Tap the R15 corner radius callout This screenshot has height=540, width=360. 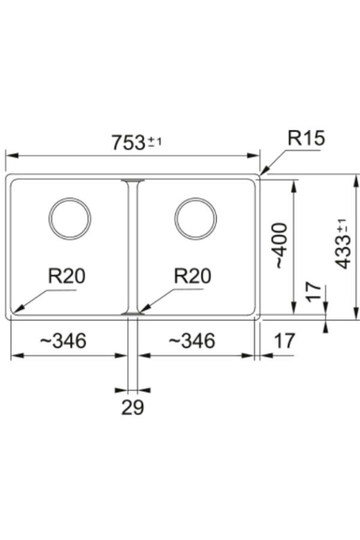point(306,139)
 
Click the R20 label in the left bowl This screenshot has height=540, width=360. point(67,276)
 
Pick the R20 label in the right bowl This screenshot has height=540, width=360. point(193,276)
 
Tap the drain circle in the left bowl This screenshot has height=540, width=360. point(70,218)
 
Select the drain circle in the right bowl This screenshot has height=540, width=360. point(196,218)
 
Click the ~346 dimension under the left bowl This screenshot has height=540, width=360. point(64,341)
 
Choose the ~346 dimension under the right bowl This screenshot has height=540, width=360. point(192,341)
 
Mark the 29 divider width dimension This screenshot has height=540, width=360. point(133,407)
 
